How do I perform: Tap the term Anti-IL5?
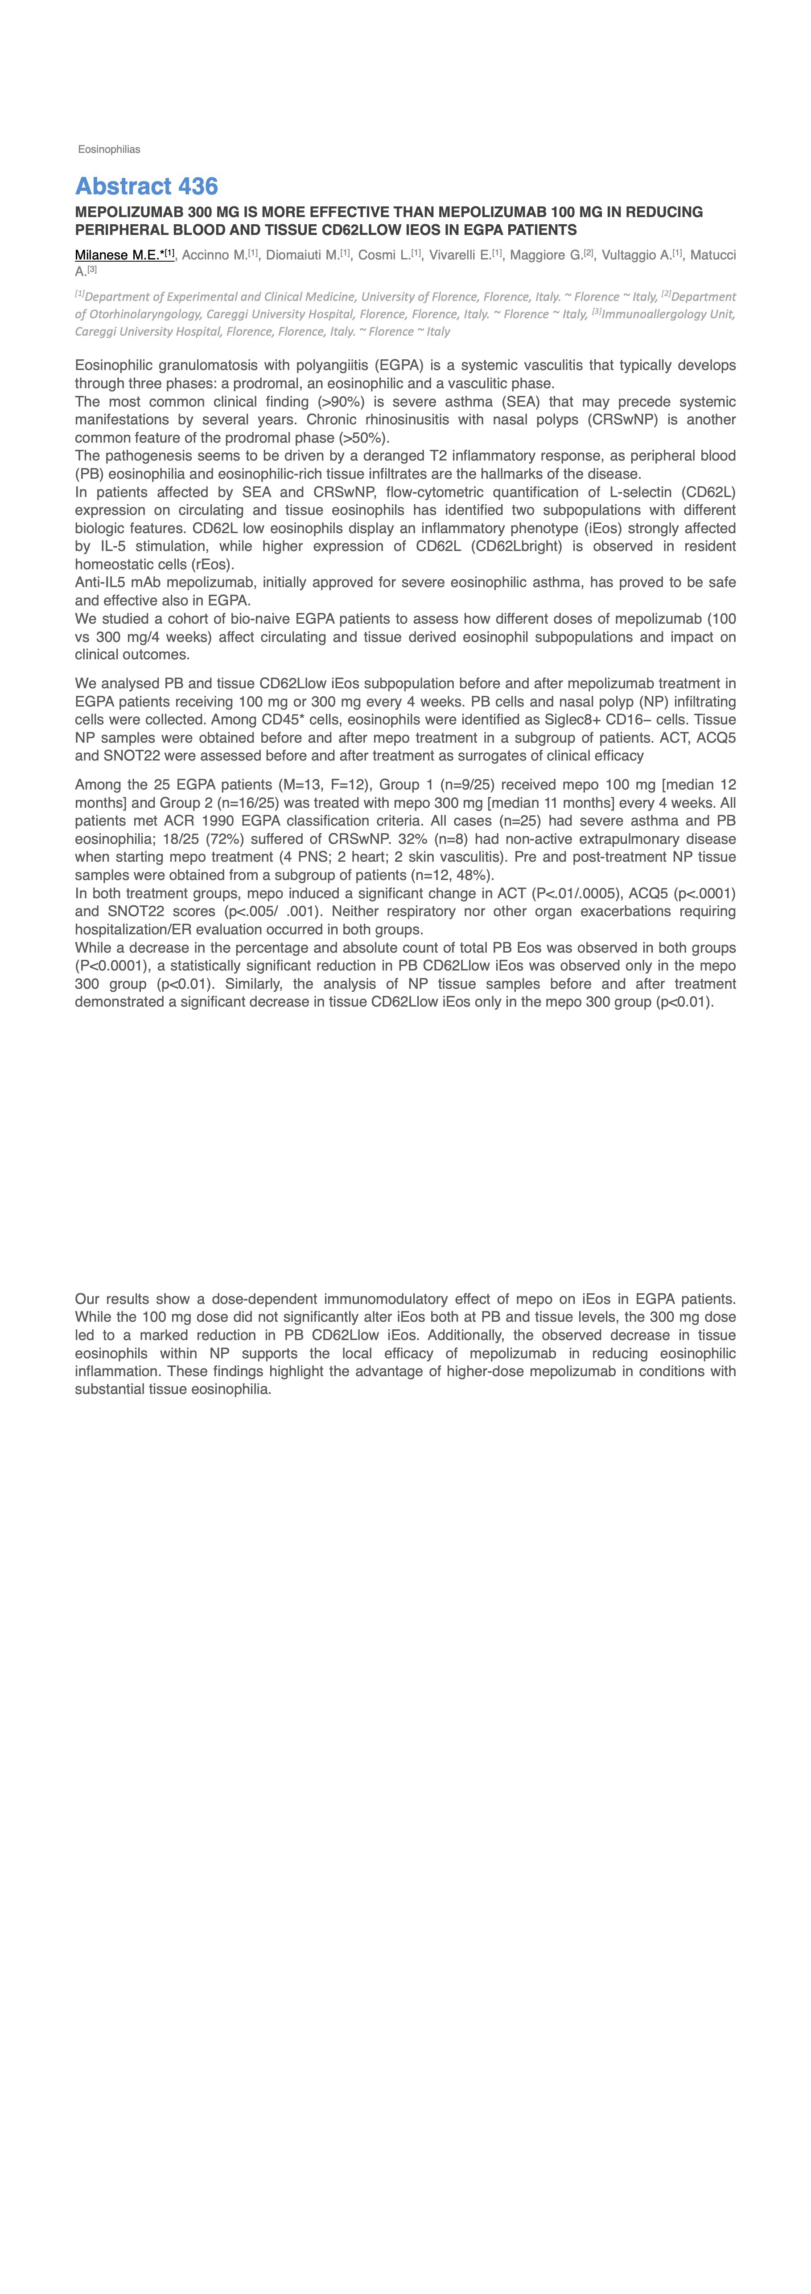coord(100,582)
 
